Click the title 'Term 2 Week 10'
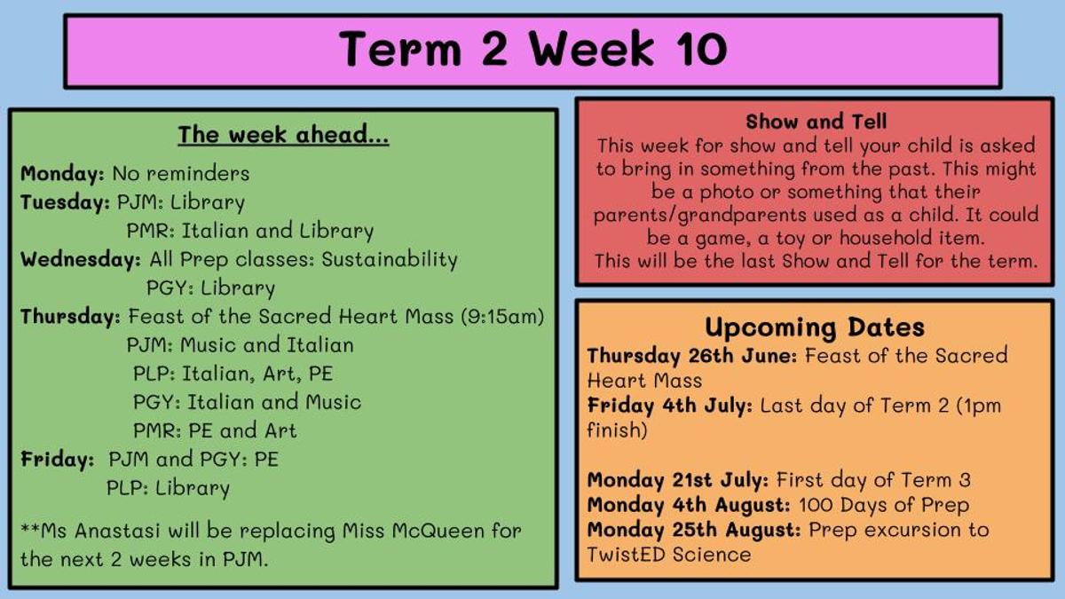pyautogui.click(x=533, y=49)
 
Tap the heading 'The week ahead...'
pyautogui.click(x=283, y=135)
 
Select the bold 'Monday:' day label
pyautogui.click(x=62, y=173)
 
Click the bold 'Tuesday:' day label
pyautogui.click(x=65, y=202)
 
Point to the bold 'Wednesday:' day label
pyautogui.click(x=81, y=259)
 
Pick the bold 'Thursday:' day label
pyautogui.click(x=70, y=317)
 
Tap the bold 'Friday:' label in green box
pyautogui.click(x=57, y=460)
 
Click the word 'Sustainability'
pyautogui.click(x=390, y=259)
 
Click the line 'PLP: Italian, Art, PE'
pyautogui.click(x=233, y=374)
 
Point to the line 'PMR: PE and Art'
pyautogui.click(x=215, y=430)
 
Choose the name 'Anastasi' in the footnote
pyautogui.click(x=117, y=531)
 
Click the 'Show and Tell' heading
pyautogui.click(x=816, y=122)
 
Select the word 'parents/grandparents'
pyautogui.click(x=700, y=215)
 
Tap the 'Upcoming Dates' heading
pyautogui.click(x=815, y=327)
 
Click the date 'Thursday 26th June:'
pyautogui.click(x=691, y=356)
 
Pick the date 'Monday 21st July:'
pyautogui.click(x=677, y=480)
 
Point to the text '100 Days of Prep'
pyautogui.click(x=884, y=505)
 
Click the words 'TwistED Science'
pyautogui.click(x=669, y=555)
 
